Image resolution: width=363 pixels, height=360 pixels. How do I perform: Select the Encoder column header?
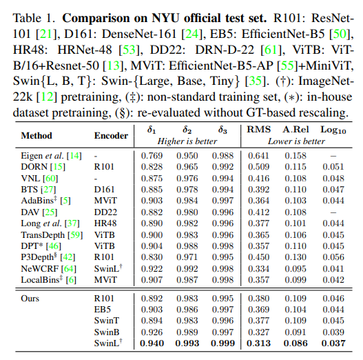point(111,136)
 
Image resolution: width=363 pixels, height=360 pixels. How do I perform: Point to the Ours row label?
point(30,299)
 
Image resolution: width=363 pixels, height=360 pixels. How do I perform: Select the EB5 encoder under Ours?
point(103,310)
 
